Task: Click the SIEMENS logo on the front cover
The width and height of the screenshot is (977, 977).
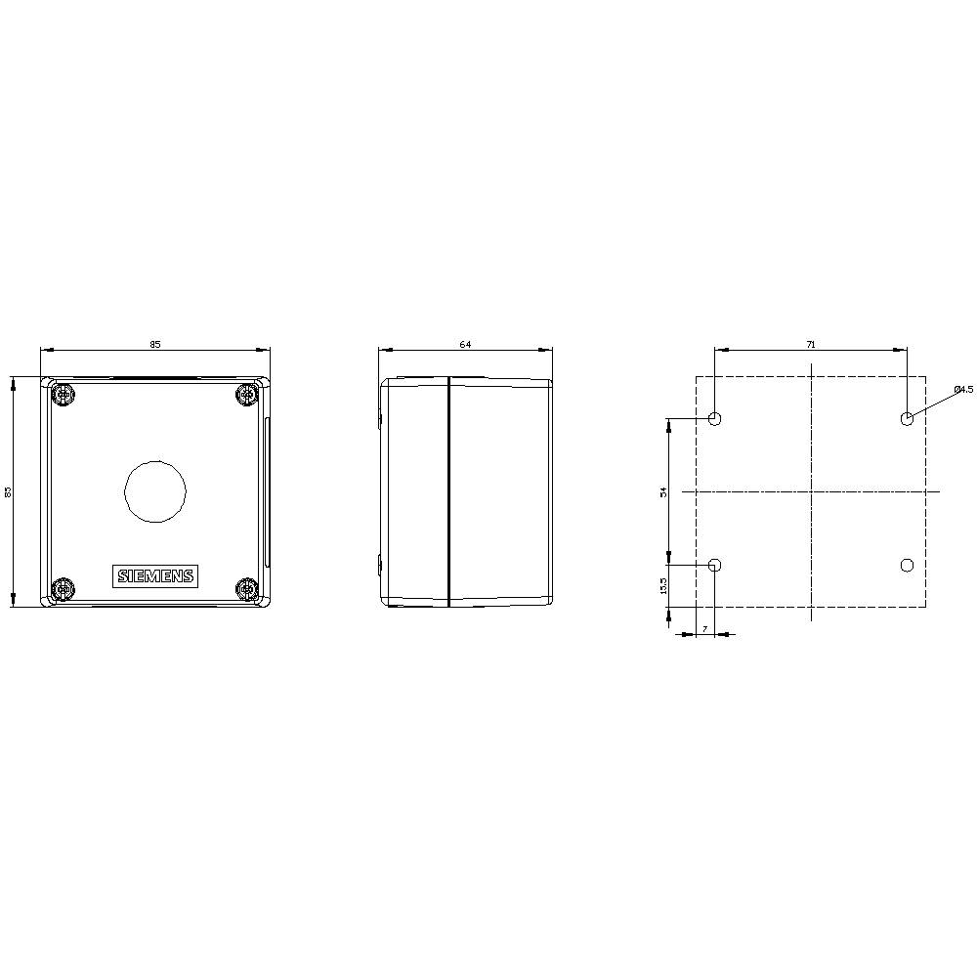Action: [x=156, y=575]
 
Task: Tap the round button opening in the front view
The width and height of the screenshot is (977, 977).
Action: [x=155, y=490]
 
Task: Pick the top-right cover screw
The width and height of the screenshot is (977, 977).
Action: [x=247, y=396]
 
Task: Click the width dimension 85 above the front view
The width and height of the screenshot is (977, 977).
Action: [x=155, y=344]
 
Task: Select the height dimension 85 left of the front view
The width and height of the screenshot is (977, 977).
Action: [x=8, y=491]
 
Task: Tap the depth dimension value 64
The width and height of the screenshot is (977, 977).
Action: [x=465, y=344]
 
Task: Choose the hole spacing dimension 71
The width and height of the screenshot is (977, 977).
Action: [x=811, y=344]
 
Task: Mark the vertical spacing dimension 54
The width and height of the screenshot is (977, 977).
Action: [x=663, y=491]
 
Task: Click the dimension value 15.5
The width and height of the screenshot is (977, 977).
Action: [x=663, y=585]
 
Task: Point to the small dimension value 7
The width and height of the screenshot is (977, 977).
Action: [x=704, y=628]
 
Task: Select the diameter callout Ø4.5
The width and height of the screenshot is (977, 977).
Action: [x=963, y=390]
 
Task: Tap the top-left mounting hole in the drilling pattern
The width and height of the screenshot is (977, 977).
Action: [x=714, y=420]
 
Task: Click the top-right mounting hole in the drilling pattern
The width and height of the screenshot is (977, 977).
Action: [x=907, y=420]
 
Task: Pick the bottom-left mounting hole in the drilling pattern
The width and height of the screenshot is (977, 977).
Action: [x=714, y=565]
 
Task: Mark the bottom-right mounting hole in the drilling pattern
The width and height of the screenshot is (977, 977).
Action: [x=907, y=565]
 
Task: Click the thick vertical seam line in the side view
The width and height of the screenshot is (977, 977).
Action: [x=447, y=491]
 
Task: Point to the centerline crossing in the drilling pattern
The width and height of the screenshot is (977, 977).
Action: [x=811, y=491]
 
